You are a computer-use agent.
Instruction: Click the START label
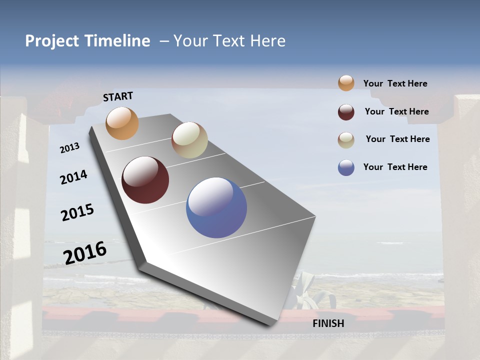(118, 96)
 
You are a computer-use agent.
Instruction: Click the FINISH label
(328, 323)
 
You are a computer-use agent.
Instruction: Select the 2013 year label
(69, 148)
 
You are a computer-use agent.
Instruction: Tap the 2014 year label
(73, 177)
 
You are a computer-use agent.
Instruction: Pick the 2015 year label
(77, 212)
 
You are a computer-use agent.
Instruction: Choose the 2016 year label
(85, 252)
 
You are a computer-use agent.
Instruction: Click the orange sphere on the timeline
(122, 123)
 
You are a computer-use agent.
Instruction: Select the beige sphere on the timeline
(189, 140)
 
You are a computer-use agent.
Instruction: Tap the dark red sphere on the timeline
(145, 180)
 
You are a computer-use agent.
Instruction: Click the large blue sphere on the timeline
(216, 207)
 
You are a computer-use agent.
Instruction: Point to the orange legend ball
(346, 83)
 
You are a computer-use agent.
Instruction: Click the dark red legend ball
(346, 112)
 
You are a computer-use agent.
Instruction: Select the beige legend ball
(346, 140)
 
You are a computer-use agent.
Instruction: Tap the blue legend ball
(346, 167)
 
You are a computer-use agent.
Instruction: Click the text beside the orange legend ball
(395, 83)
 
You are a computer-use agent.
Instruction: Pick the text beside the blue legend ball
(395, 167)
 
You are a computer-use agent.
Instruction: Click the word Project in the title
(51, 41)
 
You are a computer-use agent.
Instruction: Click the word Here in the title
(267, 41)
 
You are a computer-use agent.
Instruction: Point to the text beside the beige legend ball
(397, 139)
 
